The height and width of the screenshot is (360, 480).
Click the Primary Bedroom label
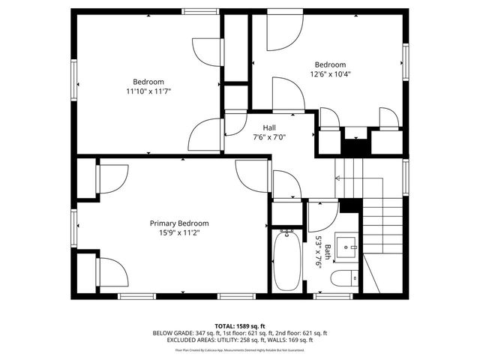[178, 223]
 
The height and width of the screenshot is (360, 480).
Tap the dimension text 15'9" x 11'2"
[178, 232]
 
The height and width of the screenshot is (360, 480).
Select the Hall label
[268, 127]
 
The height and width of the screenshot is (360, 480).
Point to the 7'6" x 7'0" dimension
[268, 136]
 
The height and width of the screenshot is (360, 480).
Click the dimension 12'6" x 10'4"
[330, 73]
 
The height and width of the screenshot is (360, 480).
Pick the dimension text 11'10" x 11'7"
[148, 91]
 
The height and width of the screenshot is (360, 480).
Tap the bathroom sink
[347, 245]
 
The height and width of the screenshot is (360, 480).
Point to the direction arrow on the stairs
[339, 178]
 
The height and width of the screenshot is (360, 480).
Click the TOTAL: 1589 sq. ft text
[240, 326]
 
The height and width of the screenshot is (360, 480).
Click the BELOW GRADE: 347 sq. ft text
[183, 333]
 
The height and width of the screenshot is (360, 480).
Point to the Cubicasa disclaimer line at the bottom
[240, 349]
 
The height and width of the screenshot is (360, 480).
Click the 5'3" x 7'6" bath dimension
[319, 253]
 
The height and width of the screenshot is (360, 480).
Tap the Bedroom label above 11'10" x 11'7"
[148, 82]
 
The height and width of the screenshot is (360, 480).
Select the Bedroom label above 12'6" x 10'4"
[330, 64]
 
